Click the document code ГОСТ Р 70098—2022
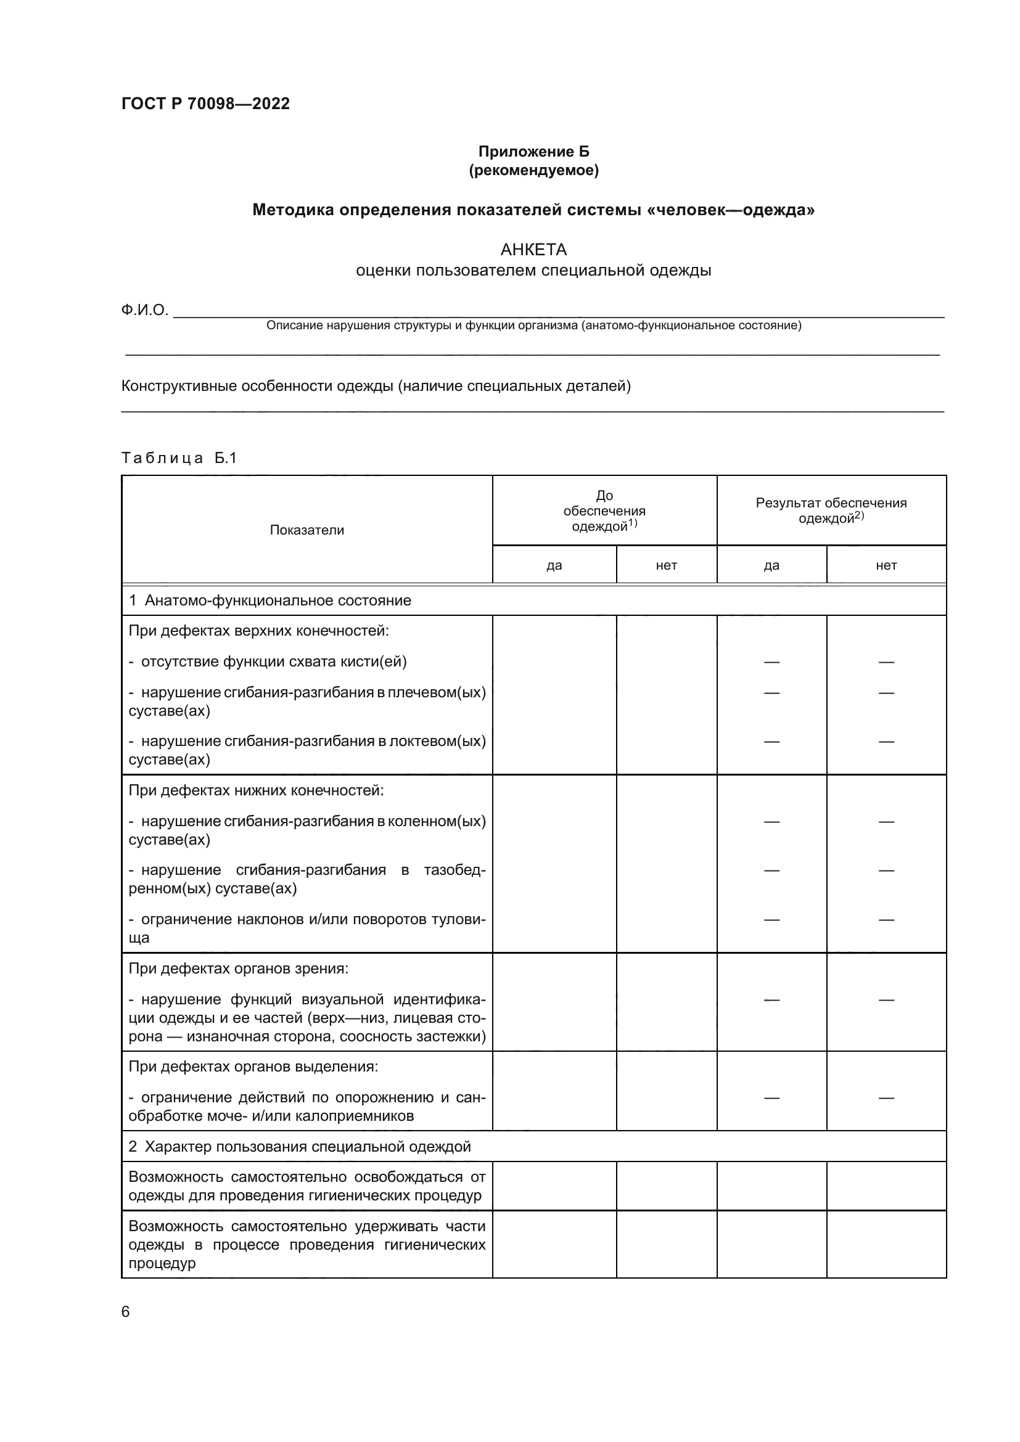(x=205, y=104)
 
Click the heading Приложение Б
(x=533, y=152)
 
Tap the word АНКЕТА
(x=533, y=250)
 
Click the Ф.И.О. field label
(x=144, y=309)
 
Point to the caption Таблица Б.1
(x=179, y=458)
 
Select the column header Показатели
(x=306, y=530)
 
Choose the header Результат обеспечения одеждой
(x=831, y=510)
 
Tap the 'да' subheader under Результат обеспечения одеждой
(x=771, y=565)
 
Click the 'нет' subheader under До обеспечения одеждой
(x=667, y=565)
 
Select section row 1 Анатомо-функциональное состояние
(x=270, y=600)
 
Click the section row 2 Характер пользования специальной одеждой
(x=300, y=1147)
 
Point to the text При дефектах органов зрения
(x=238, y=969)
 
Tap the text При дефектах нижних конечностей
(x=256, y=790)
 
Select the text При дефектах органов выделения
(x=253, y=1067)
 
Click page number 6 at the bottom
(x=125, y=1312)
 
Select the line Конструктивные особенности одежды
(x=376, y=385)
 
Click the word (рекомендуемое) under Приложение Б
(x=533, y=170)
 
